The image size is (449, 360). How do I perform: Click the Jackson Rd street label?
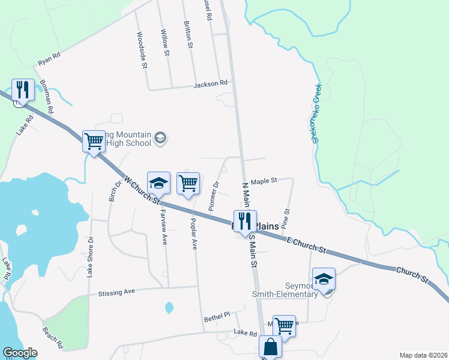click(x=211, y=84)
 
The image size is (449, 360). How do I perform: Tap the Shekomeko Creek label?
click(x=316, y=113)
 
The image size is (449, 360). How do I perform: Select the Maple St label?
click(x=264, y=181)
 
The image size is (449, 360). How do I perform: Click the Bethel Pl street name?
click(x=217, y=316)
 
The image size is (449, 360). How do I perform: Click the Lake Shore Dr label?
click(x=91, y=256)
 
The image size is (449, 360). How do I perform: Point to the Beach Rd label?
click(x=52, y=338)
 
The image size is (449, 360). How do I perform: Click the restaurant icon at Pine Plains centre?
click(x=244, y=220)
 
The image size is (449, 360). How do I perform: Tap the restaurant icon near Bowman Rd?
click(x=22, y=89)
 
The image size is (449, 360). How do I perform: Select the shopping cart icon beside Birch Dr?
click(x=94, y=142)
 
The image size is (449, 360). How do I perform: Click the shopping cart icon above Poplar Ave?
click(x=188, y=182)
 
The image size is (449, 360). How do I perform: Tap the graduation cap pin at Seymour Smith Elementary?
click(x=324, y=279)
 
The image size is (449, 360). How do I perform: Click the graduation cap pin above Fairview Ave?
click(x=158, y=182)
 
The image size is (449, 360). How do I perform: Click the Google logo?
click(x=20, y=353)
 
